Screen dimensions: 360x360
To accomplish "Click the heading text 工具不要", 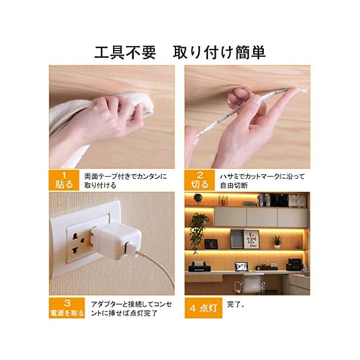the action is [x=125, y=52].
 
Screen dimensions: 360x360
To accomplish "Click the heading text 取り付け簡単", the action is [x=219, y=52].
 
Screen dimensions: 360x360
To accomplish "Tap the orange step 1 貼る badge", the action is [x=64, y=180].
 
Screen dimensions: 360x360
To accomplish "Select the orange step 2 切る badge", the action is [x=200, y=180].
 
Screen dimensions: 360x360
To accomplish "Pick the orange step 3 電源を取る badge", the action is [x=67, y=308].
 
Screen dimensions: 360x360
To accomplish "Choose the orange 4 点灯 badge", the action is [x=204, y=308].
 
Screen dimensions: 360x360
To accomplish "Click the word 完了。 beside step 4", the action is [x=236, y=304].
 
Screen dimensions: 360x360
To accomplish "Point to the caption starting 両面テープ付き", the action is [x=125, y=181].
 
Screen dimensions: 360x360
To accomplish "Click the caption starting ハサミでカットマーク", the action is [x=263, y=181].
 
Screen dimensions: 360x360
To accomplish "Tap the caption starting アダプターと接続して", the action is [x=131, y=309].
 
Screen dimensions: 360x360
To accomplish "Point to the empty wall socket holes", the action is [x=77, y=244].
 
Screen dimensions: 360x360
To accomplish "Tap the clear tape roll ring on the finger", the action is [x=238, y=97].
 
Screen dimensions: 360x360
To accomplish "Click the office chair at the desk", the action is [x=249, y=283].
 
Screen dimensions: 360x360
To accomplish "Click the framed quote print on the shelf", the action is [x=251, y=240].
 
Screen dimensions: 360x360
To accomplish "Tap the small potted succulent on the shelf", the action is [x=277, y=242].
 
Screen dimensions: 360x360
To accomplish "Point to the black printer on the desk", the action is [x=200, y=267].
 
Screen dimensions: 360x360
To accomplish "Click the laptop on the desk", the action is [x=241, y=267].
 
